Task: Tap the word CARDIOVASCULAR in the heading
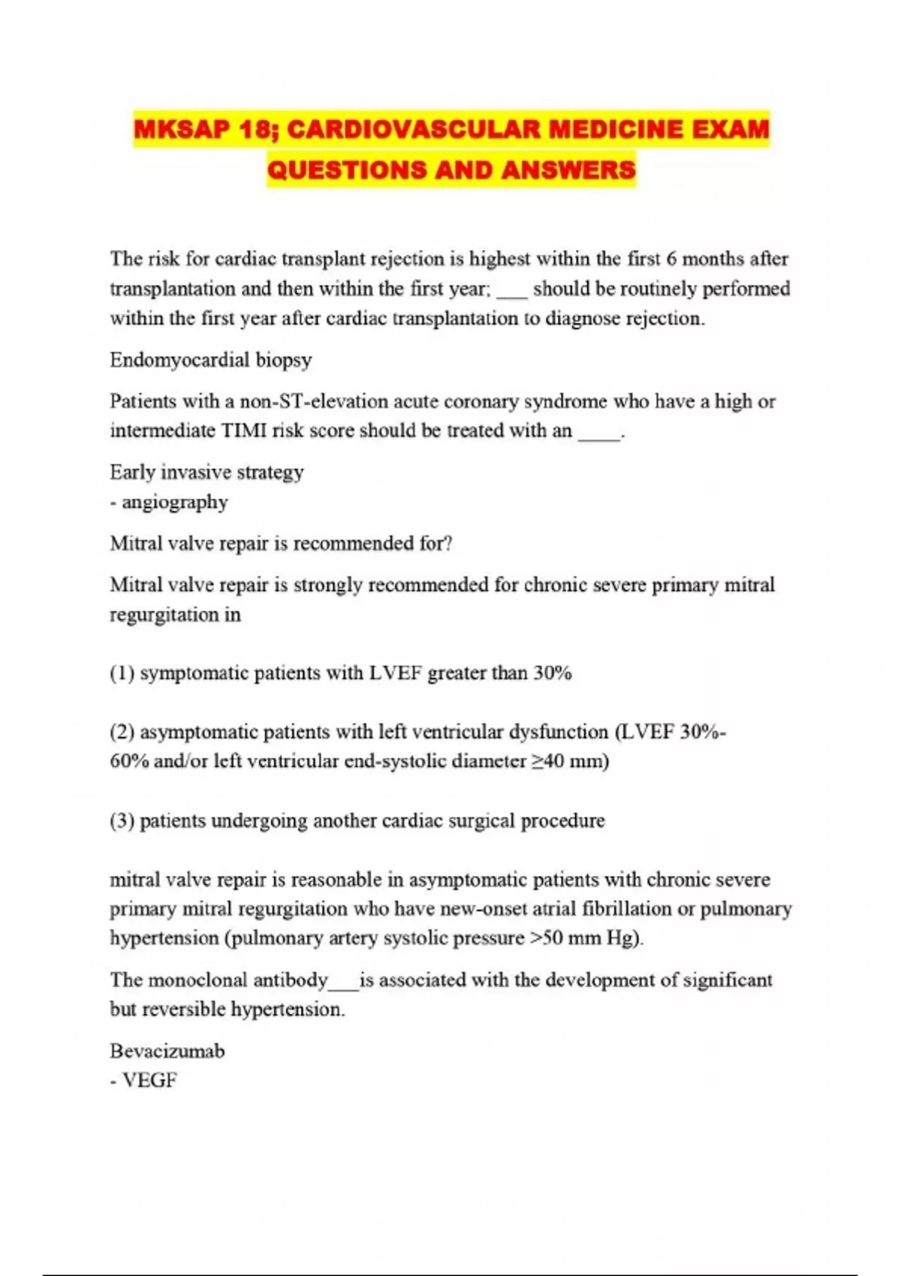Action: click(x=414, y=129)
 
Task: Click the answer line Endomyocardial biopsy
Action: click(x=210, y=360)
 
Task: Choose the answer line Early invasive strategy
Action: click(x=206, y=472)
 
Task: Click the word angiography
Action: click(x=175, y=502)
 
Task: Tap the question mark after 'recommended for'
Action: click(x=448, y=543)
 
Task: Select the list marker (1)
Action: click(x=122, y=673)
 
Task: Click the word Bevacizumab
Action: click(x=167, y=1051)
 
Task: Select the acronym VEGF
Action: click(x=149, y=1081)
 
